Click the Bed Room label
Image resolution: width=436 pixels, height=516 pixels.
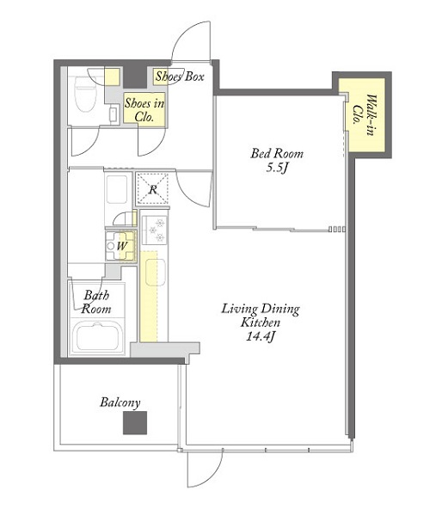coord(277,154)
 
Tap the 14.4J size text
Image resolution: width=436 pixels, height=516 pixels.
coord(261,336)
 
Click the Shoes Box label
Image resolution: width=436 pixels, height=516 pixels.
coord(180,77)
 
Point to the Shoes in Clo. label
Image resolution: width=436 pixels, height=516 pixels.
coord(144,110)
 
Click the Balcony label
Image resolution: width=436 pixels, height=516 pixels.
coord(120,402)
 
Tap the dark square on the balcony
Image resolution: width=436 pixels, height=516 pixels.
coord(135,423)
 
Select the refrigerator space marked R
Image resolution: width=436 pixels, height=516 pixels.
coord(153,189)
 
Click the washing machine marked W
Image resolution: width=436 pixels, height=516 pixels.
coord(120,246)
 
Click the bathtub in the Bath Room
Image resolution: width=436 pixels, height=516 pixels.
coord(97,336)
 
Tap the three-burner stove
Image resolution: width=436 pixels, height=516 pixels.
coord(154,230)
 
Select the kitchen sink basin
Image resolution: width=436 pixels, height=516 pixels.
coord(156,272)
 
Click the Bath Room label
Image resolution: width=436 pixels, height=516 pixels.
coord(95,302)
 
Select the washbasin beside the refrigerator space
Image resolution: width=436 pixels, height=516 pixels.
coord(117,189)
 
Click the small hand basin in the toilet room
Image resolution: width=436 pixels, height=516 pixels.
coord(114,114)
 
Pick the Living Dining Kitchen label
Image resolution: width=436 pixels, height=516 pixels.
coord(261,316)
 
